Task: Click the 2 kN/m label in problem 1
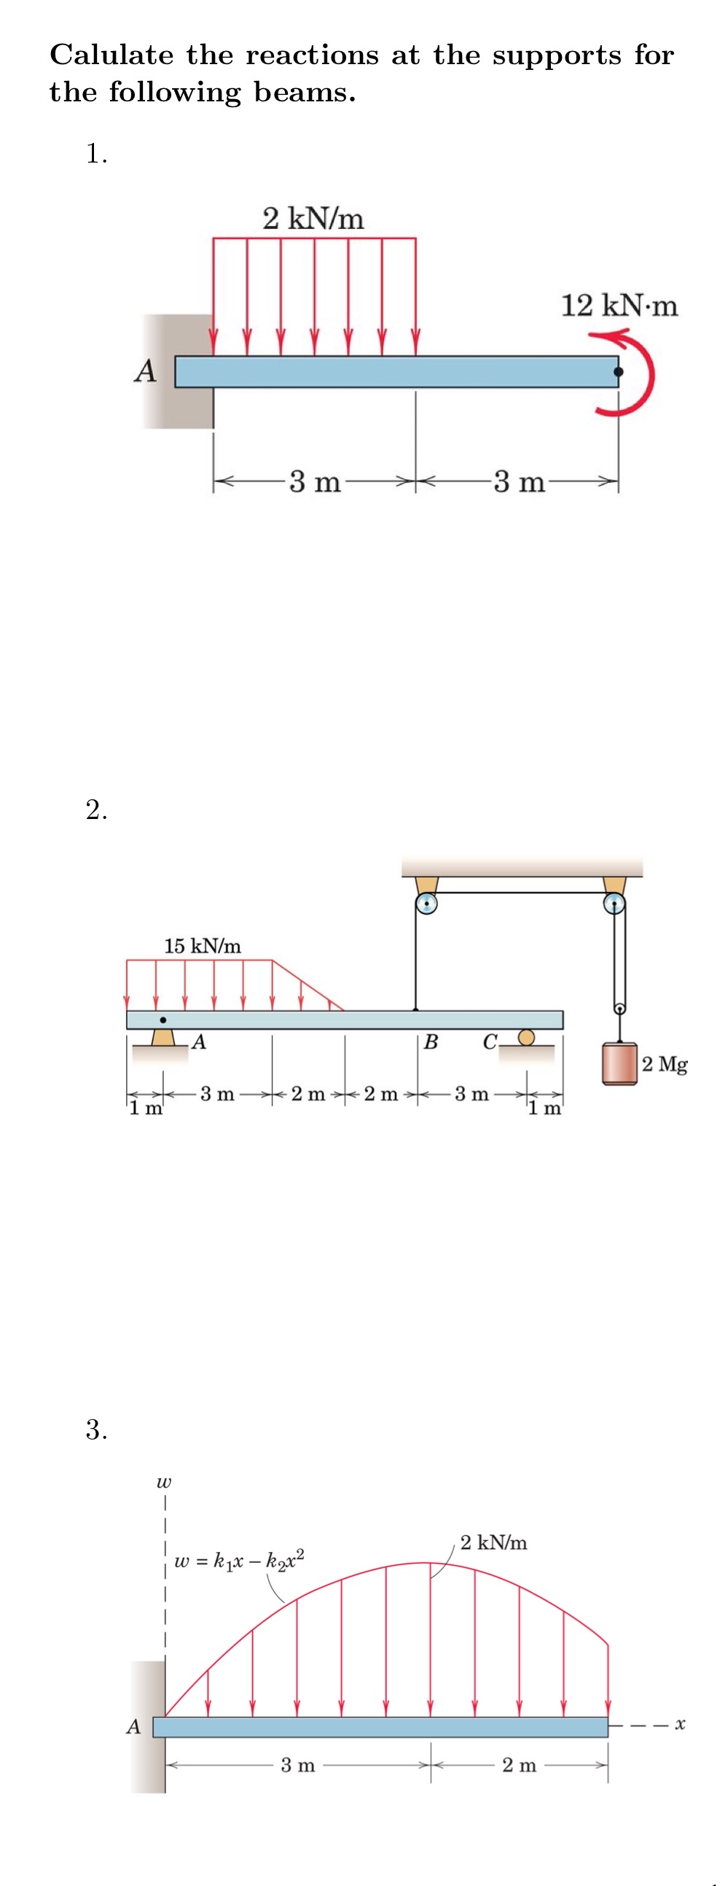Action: click(313, 218)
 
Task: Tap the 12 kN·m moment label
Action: click(619, 306)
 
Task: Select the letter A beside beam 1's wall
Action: click(146, 370)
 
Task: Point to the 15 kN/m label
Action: click(202, 946)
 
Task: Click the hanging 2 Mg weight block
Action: click(619, 1064)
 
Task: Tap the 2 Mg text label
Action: click(665, 1063)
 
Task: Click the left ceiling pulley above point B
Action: click(426, 904)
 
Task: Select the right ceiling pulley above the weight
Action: click(614, 904)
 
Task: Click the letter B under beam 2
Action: click(431, 1042)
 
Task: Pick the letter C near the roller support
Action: click(490, 1042)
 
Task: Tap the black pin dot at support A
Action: click(163, 1020)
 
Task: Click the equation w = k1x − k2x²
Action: click(239, 1560)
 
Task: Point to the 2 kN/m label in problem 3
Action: click(493, 1542)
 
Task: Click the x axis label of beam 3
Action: click(680, 1726)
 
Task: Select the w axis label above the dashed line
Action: click(164, 1483)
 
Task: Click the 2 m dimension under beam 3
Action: click(519, 1765)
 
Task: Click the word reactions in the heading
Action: click(313, 55)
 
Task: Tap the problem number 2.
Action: click(95, 810)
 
